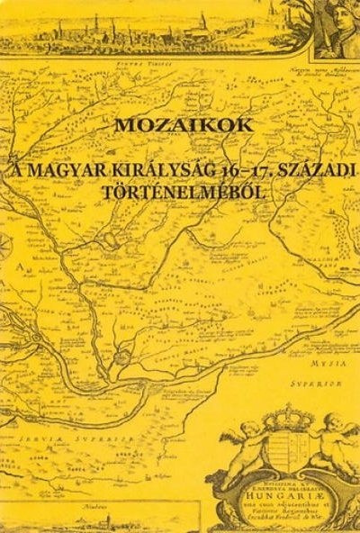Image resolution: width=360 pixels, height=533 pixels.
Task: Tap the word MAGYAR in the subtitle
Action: [97, 170]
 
